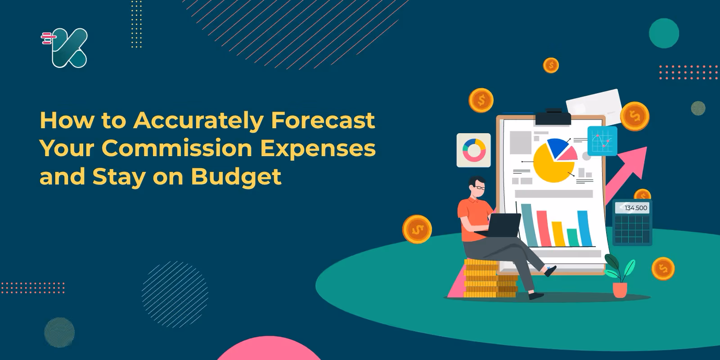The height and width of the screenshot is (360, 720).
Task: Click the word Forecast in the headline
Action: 323,120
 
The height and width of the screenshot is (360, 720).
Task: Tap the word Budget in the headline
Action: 236,177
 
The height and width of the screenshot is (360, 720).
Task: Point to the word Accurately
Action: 198,121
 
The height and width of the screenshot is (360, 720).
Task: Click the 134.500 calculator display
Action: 632,208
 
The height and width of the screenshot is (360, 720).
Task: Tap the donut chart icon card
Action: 473,150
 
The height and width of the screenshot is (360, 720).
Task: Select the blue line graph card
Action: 602,141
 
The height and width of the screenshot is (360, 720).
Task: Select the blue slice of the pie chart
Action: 557,147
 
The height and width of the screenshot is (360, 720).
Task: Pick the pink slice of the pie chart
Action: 568,154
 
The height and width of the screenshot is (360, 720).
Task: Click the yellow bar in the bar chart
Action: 558,234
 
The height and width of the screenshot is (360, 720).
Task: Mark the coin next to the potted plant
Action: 663,269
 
